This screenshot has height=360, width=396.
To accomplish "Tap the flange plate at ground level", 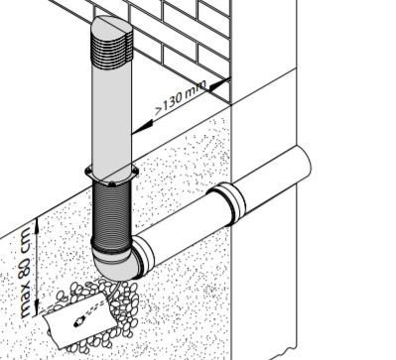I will coord(112,179).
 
